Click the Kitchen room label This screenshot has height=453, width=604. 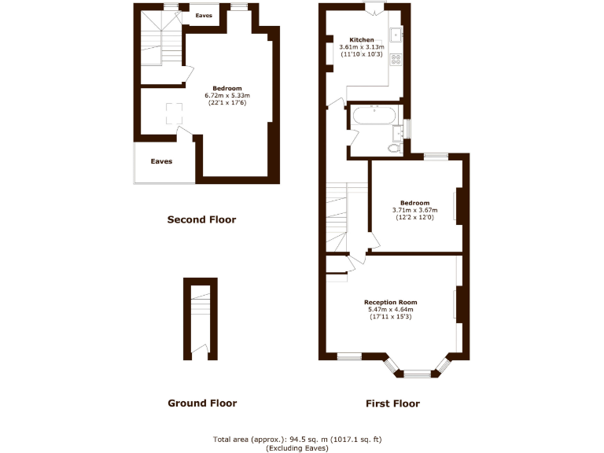tap(361, 40)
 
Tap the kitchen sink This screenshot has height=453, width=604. tap(396, 35)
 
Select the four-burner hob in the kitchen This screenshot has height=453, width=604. tap(396, 57)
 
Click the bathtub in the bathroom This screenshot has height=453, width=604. tap(374, 116)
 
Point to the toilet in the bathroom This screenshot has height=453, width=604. tap(394, 147)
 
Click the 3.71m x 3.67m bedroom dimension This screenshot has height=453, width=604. tap(414, 210)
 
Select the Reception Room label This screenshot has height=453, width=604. tap(390, 302)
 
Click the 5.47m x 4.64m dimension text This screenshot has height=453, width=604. tap(390, 309)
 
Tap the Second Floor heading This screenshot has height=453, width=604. tap(201, 219)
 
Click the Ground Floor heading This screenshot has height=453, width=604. tap(202, 403)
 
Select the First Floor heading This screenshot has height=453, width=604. tap(392, 403)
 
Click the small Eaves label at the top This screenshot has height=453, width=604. tap(204, 15)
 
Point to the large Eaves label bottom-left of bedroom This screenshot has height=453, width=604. tap(161, 161)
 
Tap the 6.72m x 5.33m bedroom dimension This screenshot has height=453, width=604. tap(226, 95)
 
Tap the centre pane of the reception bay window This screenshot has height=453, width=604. tap(418, 374)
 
